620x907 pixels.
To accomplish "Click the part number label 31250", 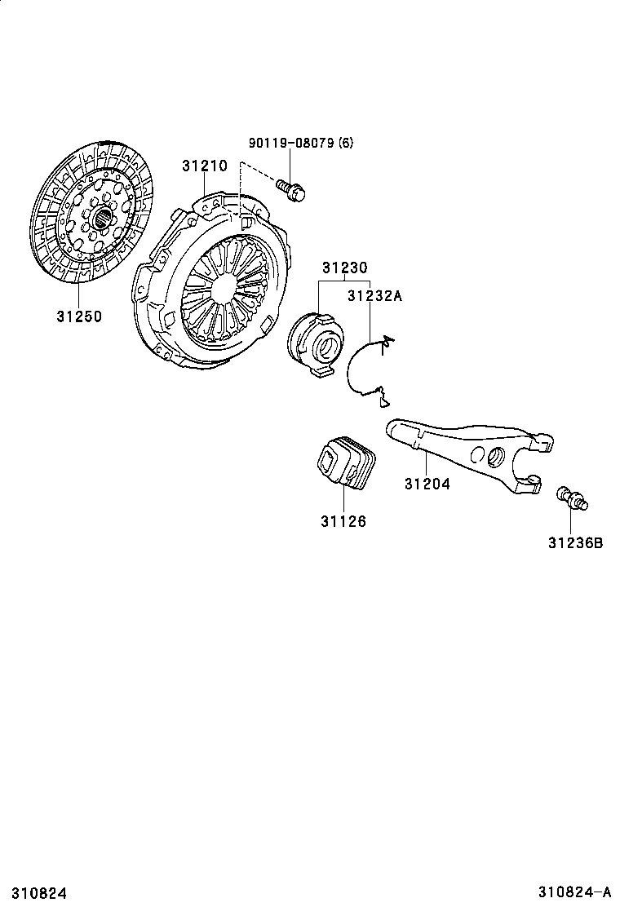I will (x=79, y=316).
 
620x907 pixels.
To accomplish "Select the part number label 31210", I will (x=205, y=166).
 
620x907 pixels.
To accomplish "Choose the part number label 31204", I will (x=427, y=483).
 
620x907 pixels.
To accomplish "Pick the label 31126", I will (x=343, y=521).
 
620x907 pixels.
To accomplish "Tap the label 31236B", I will (x=575, y=541).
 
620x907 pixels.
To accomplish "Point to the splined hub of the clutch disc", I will (x=102, y=218).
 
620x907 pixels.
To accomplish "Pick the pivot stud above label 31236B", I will (x=573, y=499).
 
